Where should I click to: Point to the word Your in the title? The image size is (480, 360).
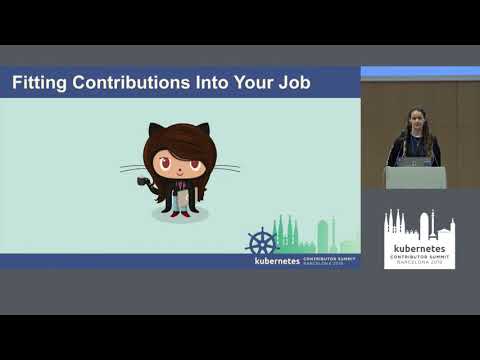(250, 83)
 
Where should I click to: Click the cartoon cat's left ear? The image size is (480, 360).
(156, 130)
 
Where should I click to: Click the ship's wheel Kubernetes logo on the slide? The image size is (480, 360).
(262, 242)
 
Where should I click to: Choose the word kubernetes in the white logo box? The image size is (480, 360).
(419, 246)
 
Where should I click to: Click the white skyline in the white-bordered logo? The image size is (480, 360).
(419, 225)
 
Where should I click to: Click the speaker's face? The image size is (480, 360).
(416, 121)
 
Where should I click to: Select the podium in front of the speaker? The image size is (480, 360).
(416, 177)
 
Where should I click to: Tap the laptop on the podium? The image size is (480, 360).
(414, 160)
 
